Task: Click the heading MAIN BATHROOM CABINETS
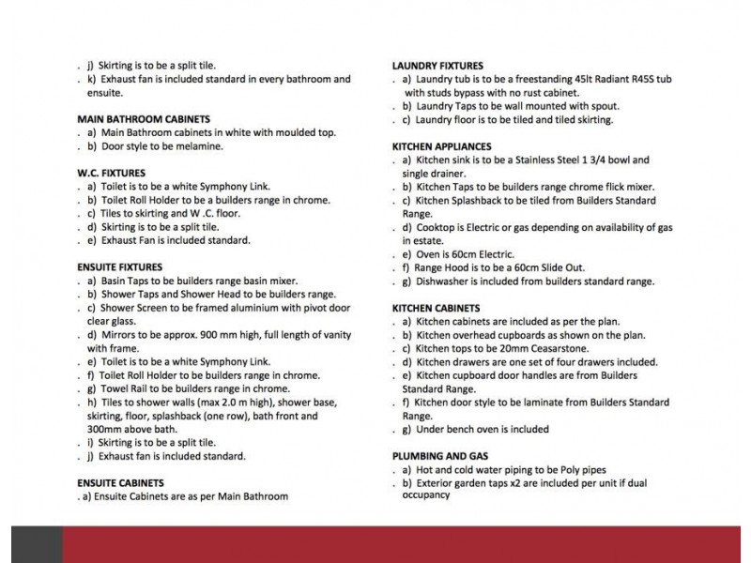pos(143,119)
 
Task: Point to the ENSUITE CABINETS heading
pos(121,482)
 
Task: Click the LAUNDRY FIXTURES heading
pos(437,66)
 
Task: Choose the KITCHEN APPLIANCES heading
pos(441,147)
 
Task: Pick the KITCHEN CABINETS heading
pos(436,308)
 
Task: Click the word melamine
pos(198,146)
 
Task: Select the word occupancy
pos(428,495)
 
